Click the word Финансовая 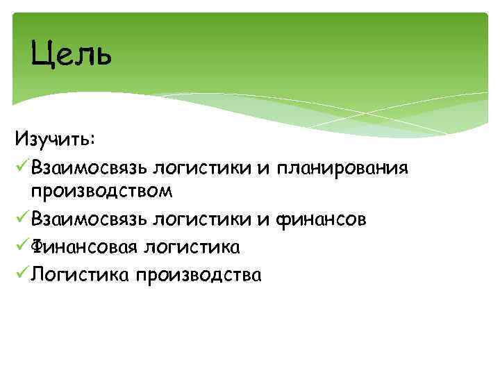84,247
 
